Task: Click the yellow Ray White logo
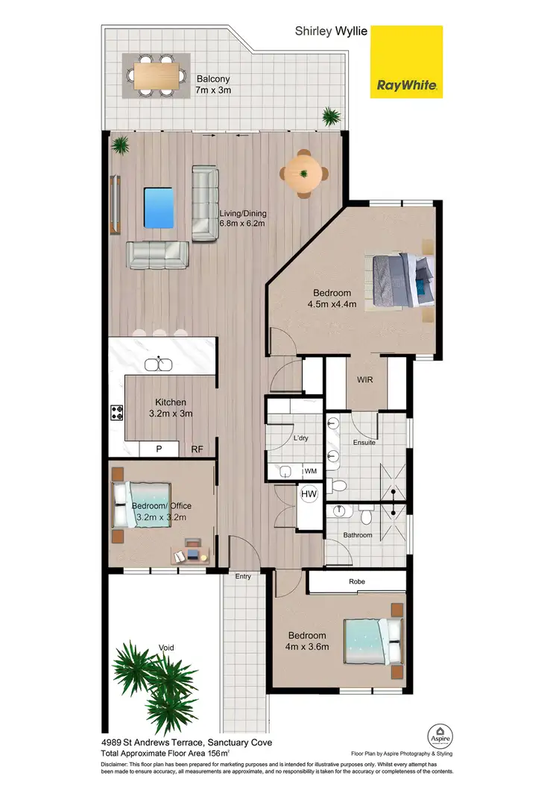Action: pos(406,62)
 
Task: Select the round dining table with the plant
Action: pos(304,174)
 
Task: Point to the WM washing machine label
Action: pos(309,472)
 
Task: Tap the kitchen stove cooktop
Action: pos(116,412)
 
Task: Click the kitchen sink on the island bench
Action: pos(158,364)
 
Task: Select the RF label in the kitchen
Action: pos(198,449)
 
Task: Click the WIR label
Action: pos(364,379)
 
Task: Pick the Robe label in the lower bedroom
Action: pos(355,582)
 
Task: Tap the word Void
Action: pos(165,648)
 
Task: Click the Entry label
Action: pos(243,576)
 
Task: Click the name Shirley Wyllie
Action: pos(331,31)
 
